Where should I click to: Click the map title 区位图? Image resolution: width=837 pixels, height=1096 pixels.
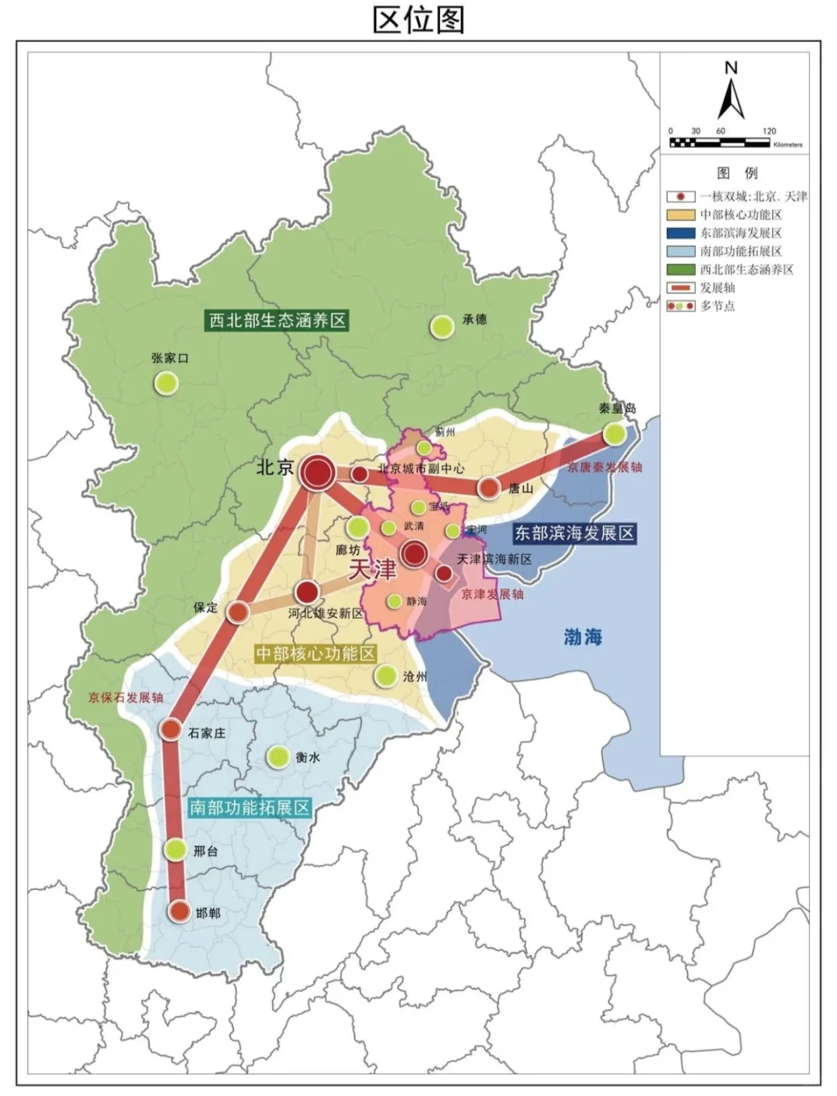tap(418, 19)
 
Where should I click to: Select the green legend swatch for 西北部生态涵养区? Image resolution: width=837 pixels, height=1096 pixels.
tap(680, 270)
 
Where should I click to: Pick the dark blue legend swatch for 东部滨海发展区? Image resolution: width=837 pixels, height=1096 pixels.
tap(680, 233)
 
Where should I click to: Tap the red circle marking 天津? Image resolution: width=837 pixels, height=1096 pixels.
tap(415, 553)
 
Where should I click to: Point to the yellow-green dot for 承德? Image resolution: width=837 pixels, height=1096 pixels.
tap(443, 326)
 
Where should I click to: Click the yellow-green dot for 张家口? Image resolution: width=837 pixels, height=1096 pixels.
tap(166, 382)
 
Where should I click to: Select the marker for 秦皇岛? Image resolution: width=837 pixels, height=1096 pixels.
tap(615, 433)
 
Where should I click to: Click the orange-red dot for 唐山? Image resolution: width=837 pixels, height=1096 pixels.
tap(489, 488)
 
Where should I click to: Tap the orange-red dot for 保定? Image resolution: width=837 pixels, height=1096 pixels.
tap(238, 612)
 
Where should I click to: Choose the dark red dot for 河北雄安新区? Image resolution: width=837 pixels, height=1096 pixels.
tap(308, 592)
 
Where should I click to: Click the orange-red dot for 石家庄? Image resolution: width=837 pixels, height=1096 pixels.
tap(170, 729)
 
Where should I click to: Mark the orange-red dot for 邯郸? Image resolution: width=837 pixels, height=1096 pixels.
tap(180, 912)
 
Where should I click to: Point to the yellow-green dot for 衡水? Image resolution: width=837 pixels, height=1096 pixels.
tap(277, 757)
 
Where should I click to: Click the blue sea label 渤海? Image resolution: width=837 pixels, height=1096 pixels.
tap(583, 637)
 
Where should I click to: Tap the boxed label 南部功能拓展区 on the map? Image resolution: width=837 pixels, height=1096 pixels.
tap(250, 808)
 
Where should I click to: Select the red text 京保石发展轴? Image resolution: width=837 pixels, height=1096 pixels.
tap(126, 698)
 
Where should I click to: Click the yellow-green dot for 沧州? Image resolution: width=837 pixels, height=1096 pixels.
tap(385, 676)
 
